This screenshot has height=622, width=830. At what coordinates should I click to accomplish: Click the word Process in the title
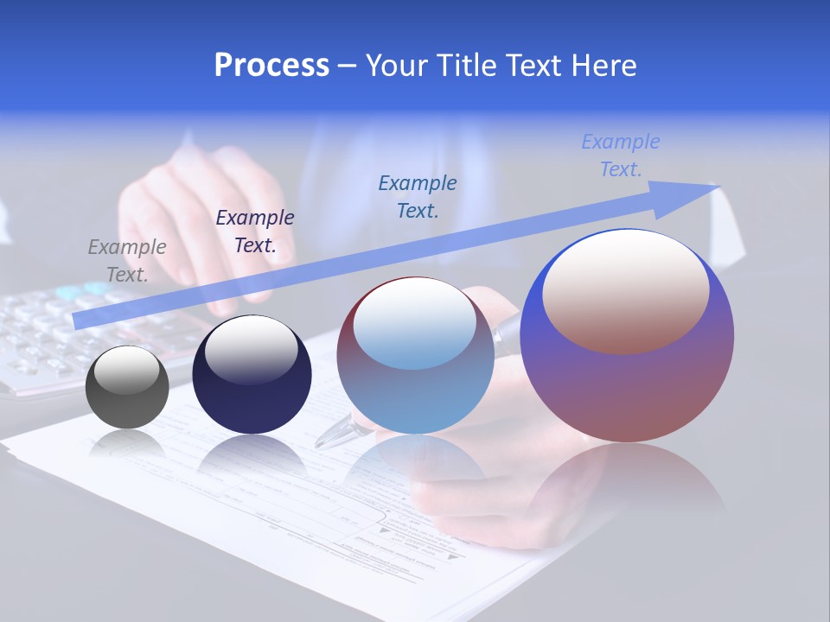click(x=271, y=66)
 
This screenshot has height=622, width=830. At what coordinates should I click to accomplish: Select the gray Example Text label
click(x=127, y=260)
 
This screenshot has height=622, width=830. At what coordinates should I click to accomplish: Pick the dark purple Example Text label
click(x=255, y=231)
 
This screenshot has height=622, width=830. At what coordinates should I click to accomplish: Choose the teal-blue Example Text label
click(x=418, y=196)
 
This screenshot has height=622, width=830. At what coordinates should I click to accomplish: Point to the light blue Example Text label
click(x=621, y=155)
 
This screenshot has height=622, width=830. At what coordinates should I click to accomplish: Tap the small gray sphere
click(x=127, y=402)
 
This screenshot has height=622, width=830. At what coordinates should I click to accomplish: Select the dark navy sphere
click(x=252, y=397)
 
